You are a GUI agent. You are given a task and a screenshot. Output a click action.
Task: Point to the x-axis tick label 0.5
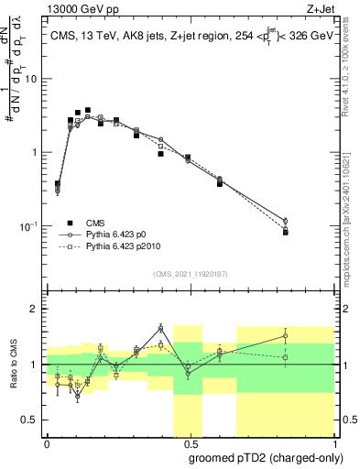point(189,443)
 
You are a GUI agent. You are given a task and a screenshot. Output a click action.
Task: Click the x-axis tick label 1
point(332,443)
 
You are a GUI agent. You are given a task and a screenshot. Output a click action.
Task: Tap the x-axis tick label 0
point(47,443)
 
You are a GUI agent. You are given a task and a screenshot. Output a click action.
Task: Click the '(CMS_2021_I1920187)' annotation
point(190,274)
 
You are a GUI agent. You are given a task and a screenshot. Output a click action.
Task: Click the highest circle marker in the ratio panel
point(160,328)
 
